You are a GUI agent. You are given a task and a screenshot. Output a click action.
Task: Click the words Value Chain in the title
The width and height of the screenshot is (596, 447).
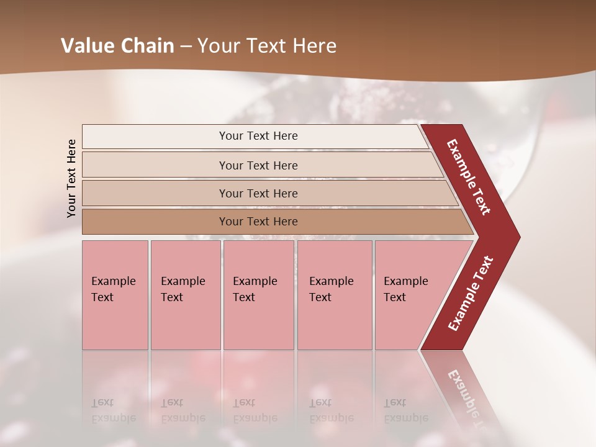pos(117,46)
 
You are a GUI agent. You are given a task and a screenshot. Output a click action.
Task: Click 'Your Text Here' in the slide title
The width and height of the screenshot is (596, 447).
pos(266,46)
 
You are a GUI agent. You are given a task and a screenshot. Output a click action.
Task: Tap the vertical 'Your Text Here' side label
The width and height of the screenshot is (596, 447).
pos(72,178)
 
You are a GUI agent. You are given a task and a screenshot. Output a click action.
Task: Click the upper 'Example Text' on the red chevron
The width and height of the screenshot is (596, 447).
pos(469,177)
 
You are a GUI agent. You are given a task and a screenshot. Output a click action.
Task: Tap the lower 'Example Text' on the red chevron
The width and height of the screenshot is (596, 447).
pos(471,293)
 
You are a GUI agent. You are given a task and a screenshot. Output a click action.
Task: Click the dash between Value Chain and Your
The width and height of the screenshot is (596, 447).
pos(186,47)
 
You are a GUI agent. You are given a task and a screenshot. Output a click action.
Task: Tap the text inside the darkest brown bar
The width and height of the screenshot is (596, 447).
pos(258,222)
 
